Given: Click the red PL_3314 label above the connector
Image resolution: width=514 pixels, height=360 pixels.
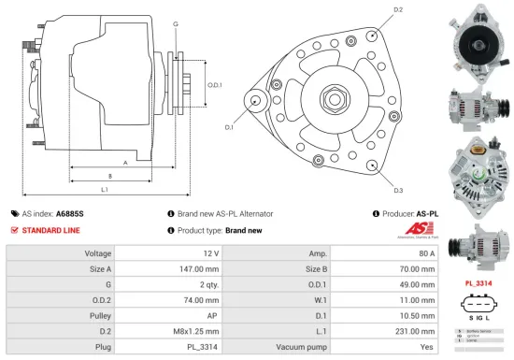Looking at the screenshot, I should coord(479,281).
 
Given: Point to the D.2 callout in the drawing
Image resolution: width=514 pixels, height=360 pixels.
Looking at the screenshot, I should coord(398,10).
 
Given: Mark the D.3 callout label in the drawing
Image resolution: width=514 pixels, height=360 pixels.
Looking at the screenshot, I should coord(398,190).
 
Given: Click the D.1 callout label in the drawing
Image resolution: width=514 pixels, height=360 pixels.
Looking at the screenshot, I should coord(229,126).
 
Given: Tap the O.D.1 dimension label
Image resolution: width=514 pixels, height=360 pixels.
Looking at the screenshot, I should coord(214,84).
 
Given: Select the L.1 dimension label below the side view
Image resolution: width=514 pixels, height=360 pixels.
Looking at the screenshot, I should coord(104,190).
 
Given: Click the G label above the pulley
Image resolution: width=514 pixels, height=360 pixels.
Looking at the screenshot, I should coord(176,22).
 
